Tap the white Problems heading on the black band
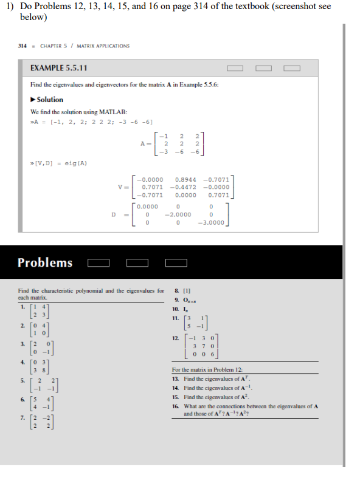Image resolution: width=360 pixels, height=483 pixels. (x=45, y=262)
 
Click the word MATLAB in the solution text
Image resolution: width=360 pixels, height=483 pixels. (x=115, y=112)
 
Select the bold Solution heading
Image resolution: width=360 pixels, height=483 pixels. (x=49, y=100)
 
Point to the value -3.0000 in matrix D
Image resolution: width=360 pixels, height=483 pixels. (x=211, y=222)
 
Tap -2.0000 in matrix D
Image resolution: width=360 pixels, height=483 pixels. (x=178, y=214)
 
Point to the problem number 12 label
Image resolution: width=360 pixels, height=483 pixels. (x=176, y=337)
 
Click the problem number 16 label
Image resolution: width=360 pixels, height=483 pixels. (x=176, y=405)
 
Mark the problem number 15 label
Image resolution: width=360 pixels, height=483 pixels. (x=176, y=396)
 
